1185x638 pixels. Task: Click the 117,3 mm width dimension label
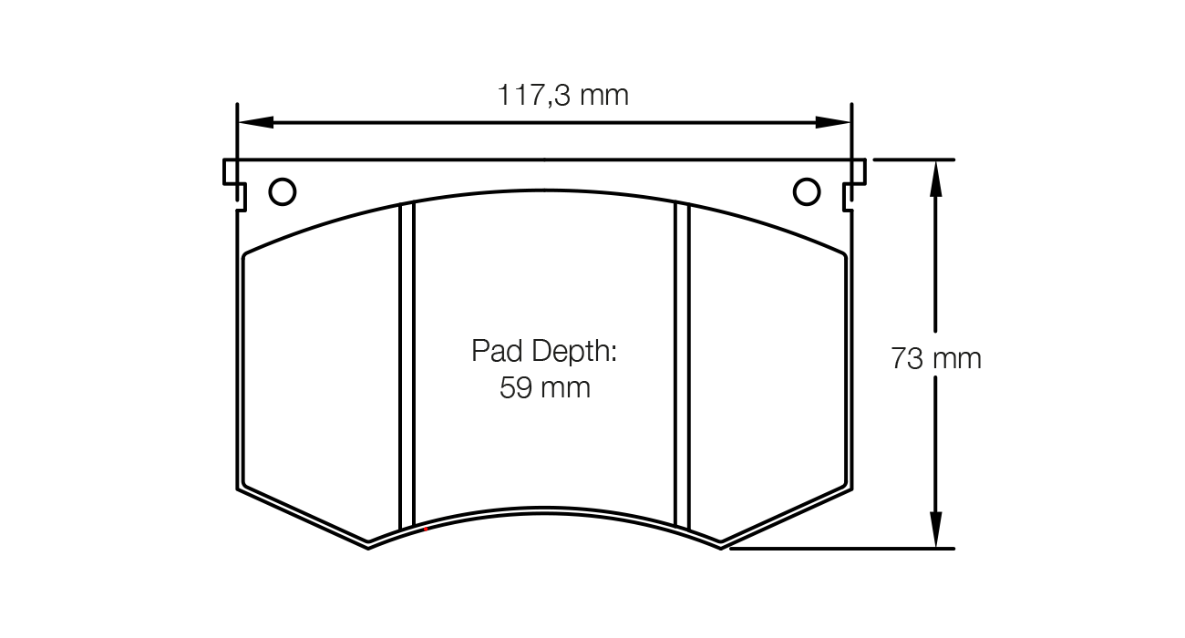point(562,95)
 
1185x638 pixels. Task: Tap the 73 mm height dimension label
point(936,358)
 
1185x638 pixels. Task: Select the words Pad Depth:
point(544,351)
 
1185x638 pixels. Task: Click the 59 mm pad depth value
point(544,388)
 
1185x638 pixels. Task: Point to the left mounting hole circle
point(283,191)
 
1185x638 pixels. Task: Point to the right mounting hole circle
point(807,191)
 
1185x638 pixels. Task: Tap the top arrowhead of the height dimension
point(935,179)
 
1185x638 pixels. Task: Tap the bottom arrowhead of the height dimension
point(935,530)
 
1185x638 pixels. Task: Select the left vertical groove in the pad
point(407,365)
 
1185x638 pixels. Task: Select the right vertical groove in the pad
point(681,365)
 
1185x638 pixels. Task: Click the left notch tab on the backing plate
point(233,182)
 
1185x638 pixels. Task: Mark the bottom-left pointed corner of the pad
point(367,546)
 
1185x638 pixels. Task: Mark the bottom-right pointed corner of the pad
point(721,546)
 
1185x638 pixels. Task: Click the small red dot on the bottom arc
point(426,529)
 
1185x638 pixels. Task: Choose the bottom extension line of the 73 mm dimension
point(839,549)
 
